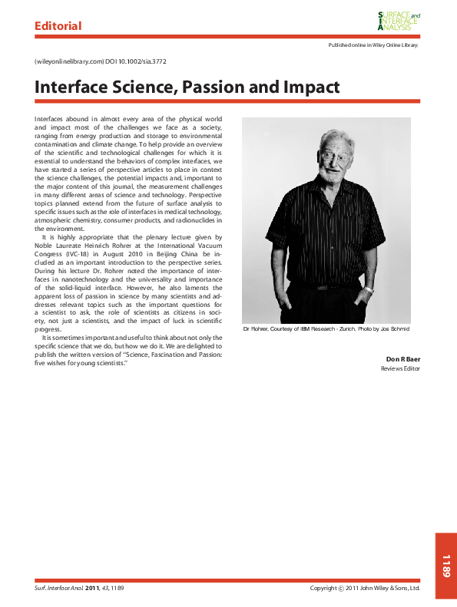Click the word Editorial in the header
[x=58, y=26]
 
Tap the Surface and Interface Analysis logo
[x=399, y=21]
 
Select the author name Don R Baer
[x=402, y=358]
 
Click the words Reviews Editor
[x=401, y=368]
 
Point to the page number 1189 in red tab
[x=445, y=566]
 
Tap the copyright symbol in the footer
[x=341, y=589]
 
